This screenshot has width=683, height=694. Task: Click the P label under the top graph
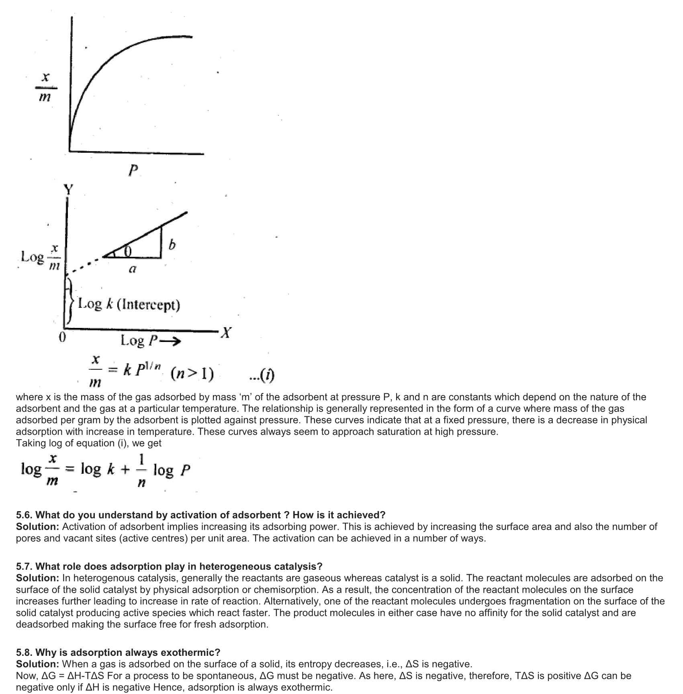pyautogui.click(x=133, y=171)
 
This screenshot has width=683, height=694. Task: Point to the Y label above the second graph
pyautogui.click(x=69, y=189)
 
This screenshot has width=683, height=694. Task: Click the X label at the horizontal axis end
pyautogui.click(x=226, y=333)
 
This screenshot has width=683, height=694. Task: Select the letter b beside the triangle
pyautogui.click(x=172, y=244)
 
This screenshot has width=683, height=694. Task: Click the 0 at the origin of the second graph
pyautogui.click(x=62, y=337)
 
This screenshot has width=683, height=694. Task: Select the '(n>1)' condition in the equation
pyautogui.click(x=192, y=374)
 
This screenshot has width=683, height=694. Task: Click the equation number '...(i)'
pyautogui.click(x=262, y=375)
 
